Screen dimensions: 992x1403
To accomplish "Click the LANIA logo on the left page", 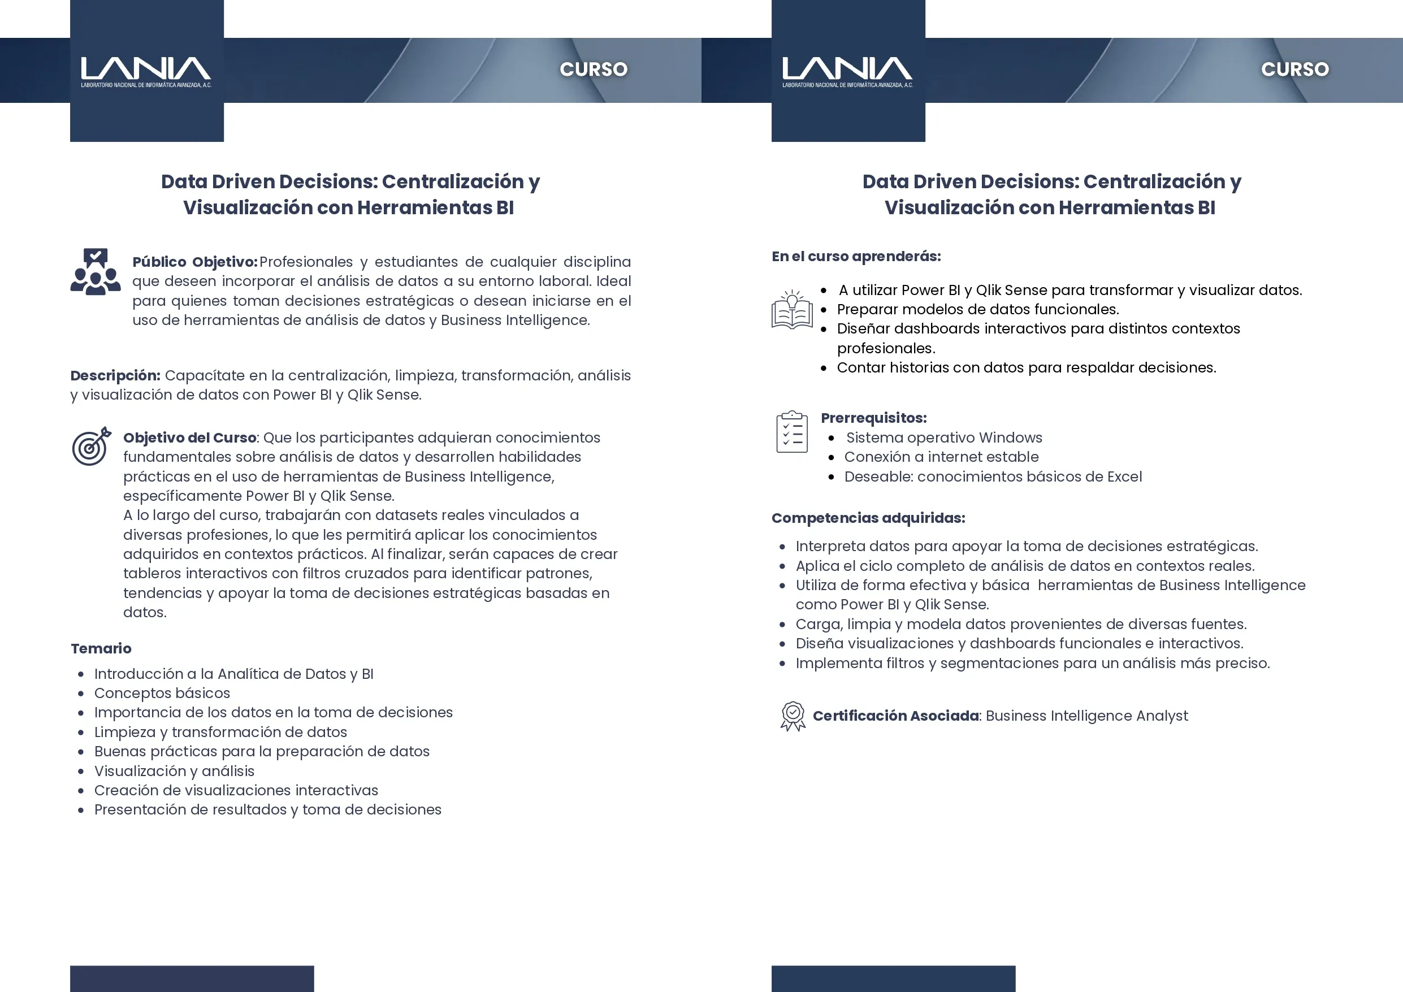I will (x=146, y=71).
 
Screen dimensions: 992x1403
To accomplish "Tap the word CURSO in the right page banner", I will (x=1294, y=69).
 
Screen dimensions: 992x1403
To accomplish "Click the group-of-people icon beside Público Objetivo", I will (x=96, y=272).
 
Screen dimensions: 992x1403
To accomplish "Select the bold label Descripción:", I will (x=115, y=375).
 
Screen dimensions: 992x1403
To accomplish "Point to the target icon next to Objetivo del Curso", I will (x=92, y=446).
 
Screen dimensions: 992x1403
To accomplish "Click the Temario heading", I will (x=101, y=648).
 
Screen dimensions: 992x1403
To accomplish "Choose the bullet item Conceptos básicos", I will (x=162, y=693).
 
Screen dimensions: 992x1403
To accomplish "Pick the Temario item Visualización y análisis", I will (x=174, y=771).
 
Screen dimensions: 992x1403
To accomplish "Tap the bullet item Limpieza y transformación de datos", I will (x=220, y=731).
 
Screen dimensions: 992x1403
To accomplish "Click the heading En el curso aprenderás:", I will (x=855, y=256).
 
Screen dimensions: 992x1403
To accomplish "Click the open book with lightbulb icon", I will (x=792, y=309).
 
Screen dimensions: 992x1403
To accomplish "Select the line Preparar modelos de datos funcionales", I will (x=978, y=309).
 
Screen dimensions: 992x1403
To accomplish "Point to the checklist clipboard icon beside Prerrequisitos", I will (x=792, y=432).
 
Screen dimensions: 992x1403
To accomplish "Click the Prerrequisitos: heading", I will (x=873, y=418).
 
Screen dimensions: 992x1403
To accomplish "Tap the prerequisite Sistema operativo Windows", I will (x=943, y=437).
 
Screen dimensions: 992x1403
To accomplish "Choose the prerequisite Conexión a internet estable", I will (x=941, y=457).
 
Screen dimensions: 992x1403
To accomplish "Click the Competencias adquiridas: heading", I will (x=868, y=518).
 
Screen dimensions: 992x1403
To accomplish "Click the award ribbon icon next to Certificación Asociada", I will (x=793, y=716).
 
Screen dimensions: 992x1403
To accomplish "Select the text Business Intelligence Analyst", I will (x=1086, y=716).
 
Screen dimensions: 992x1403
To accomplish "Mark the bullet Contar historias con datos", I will (x=1026, y=367).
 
